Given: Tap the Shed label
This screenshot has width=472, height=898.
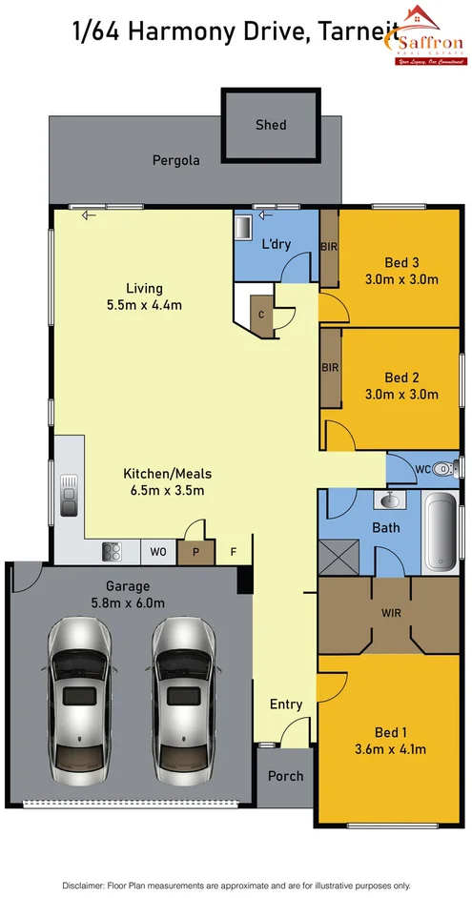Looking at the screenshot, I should click(270, 125).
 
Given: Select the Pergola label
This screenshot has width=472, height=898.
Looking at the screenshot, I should click(176, 160).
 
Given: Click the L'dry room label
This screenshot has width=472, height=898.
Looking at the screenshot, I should click(276, 244).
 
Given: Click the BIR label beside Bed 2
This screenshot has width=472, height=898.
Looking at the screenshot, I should click(330, 367).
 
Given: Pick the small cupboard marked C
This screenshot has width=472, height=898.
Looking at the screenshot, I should click(261, 315).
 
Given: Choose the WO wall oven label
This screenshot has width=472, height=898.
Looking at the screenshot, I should click(158, 551).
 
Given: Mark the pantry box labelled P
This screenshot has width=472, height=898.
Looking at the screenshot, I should click(195, 551).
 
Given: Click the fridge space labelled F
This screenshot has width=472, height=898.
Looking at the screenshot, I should click(233, 551).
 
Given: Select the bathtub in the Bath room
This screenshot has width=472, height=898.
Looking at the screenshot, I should click(440, 534).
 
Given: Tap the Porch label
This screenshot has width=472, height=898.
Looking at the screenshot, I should click(285, 776).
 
